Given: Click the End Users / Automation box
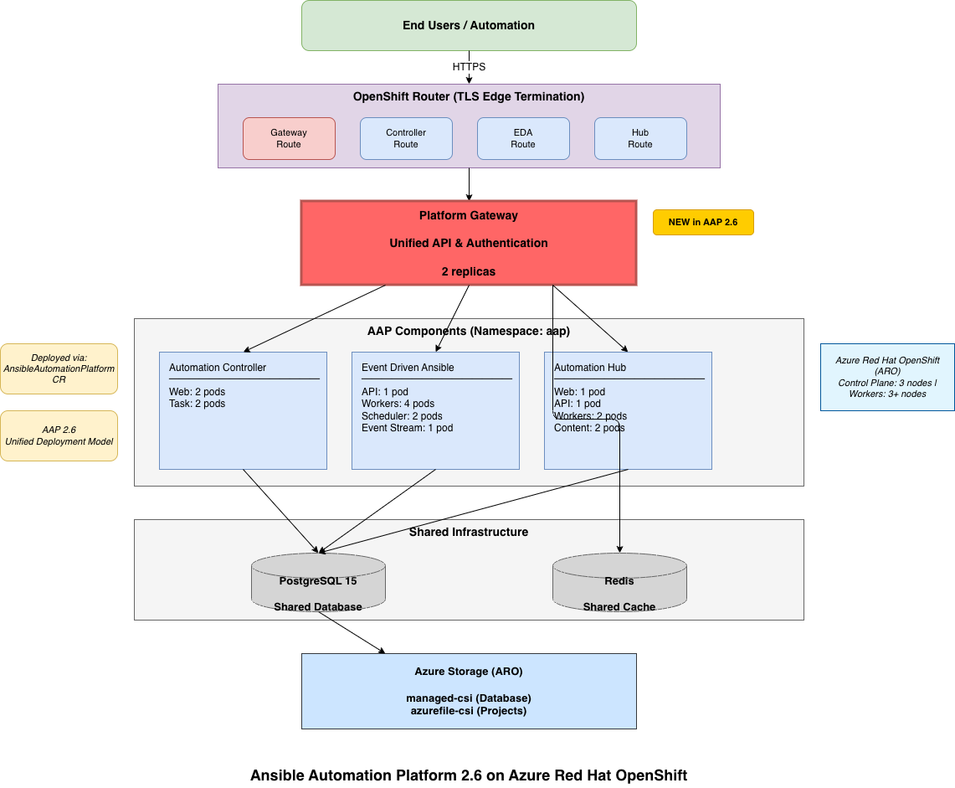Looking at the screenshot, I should click(469, 25).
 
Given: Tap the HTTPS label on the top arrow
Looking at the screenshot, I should click(469, 67).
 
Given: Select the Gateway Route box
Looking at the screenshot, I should click(289, 138).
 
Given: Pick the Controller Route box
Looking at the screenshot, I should click(406, 138).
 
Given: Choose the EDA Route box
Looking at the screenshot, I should click(523, 138).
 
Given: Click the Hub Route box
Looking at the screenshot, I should click(640, 138).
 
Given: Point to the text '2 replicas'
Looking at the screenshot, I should click(469, 271).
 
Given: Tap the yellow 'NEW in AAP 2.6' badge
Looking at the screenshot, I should click(703, 222).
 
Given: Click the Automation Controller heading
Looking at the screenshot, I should click(218, 368).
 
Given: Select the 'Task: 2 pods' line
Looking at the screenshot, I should click(197, 404).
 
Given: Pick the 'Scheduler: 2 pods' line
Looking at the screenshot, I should click(402, 416).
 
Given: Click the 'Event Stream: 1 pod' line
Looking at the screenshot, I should click(407, 428).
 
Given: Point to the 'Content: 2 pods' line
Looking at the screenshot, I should click(589, 428).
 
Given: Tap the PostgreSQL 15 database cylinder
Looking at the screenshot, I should click(318, 582).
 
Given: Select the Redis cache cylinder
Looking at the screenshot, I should click(619, 582).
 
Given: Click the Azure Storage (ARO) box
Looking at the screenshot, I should click(469, 691).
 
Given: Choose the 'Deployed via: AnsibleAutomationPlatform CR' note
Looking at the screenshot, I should click(59, 368).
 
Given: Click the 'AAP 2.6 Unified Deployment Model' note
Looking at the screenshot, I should click(59, 435).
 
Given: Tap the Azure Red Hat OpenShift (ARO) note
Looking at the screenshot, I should click(887, 377).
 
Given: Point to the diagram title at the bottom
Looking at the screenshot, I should click(469, 775).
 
